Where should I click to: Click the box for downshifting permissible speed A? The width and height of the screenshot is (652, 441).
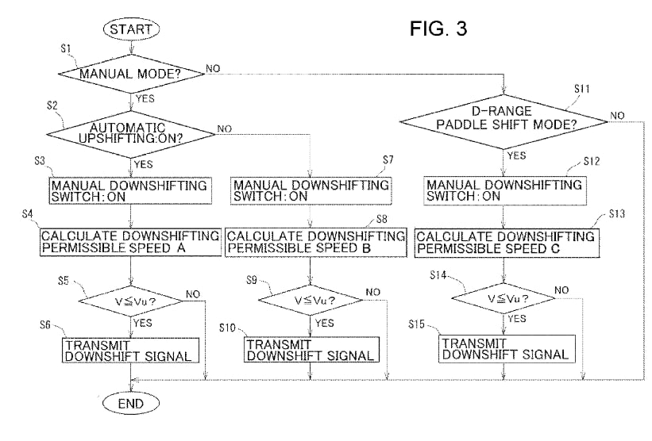click(130, 242)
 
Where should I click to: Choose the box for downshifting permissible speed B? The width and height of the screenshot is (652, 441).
click(316, 242)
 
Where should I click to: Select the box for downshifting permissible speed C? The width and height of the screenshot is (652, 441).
click(507, 243)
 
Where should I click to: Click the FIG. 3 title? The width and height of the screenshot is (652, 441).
click(438, 29)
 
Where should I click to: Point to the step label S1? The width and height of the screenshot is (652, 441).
click(66, 49)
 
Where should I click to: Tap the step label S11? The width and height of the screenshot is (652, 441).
click(582, 89)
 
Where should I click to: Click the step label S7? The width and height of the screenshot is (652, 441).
click(388, 160)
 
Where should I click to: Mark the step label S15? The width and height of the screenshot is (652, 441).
click(416, 324)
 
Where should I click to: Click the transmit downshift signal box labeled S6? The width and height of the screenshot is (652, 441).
click(130, 351)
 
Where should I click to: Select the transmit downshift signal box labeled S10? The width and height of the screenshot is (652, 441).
click(311, 350)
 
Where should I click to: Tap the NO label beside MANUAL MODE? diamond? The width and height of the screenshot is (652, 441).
click(213, 68)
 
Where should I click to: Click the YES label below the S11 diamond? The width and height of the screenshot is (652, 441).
click(516, 155)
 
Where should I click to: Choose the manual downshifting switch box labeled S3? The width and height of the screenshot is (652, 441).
click(130, 190)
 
